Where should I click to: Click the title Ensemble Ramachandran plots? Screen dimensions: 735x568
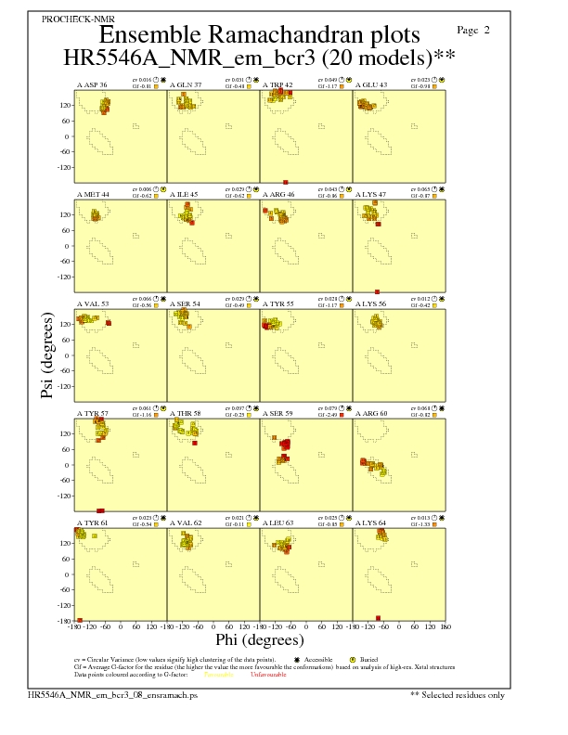(x=259, y=35)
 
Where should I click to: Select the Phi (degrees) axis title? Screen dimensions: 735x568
(x=259, y=639)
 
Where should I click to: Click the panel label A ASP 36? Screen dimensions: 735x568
(x=92, y=84)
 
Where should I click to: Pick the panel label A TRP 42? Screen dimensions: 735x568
(x=278, y=84)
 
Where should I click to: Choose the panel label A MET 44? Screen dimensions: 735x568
(x=93, y=194)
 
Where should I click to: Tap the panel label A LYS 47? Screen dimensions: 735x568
(x=371, y=194)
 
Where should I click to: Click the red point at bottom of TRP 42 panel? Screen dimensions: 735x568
(x=286, y=182)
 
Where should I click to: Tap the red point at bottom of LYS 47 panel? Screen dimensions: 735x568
(x=377, y=291)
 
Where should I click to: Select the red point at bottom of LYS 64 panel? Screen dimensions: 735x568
(x=378, y=618)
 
